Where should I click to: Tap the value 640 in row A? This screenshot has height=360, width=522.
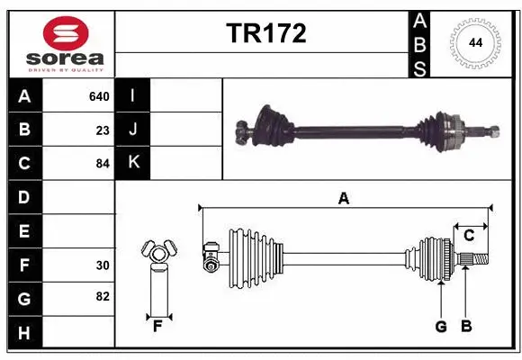click(x=98, y=96)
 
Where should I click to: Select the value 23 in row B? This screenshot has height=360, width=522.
click(x=103, y=130)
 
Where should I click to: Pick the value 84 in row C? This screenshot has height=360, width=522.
click(x=102, y=163)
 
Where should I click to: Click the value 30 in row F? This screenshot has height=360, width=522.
click(x=102, y=265)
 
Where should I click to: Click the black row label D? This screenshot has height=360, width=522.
click(x=24, y=197)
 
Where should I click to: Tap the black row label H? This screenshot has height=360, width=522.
click(x=24, y=333)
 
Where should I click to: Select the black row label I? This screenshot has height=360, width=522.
click(x=133, y=96)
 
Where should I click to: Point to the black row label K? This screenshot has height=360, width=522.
click(x=133, y=163)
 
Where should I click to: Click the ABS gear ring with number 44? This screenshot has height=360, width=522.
click(x=472, y=42)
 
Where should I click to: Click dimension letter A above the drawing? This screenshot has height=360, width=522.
click(x=343, y=199)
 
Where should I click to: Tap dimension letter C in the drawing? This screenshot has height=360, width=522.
click(x=469, y=236)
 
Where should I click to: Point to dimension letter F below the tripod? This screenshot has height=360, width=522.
click(x=157, y=326)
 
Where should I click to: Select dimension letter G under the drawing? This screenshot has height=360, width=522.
click(x=441, y=326)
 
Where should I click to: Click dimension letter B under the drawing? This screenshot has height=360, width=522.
click(x=465, y=326)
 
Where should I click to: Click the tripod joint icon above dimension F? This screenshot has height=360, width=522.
click(x=158, y=256)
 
